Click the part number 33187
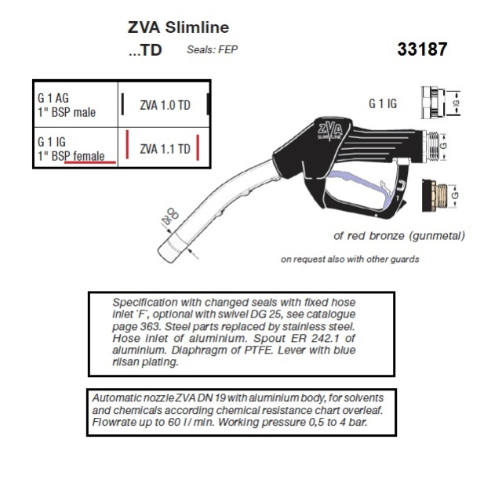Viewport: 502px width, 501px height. [422, 49]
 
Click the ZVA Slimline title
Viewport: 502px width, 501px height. [178, 27]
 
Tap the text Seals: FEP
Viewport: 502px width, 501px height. [213, 49]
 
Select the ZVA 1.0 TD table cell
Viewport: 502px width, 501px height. [165, 105]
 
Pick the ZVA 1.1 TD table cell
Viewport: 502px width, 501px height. [165, 149]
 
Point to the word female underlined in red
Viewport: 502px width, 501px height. [89, 156]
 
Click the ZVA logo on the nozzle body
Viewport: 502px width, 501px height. [329, 130]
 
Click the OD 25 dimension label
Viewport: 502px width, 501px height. [170, 216]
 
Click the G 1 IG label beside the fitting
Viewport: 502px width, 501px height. [383, 103]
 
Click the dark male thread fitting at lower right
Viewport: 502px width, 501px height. [435, 195]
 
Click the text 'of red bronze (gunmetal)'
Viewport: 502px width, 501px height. [399, 236]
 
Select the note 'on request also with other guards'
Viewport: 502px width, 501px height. [350, 259]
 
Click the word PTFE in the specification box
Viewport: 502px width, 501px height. [258, 350]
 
